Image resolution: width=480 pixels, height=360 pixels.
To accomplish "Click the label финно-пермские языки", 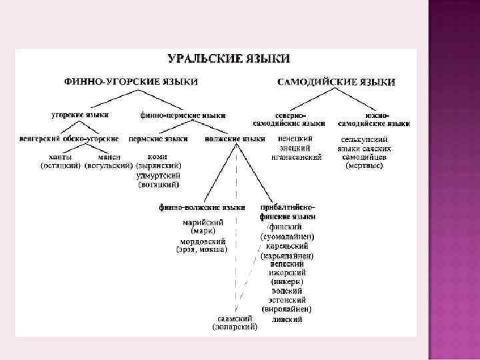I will [x=183, y=115].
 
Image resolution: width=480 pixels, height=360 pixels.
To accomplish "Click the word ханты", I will [x=61, y=157].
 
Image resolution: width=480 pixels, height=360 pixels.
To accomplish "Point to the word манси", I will [x=109, y=157].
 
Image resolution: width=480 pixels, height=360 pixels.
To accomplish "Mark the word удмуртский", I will [x=158, y=175].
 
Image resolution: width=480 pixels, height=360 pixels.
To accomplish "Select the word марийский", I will [x=203, y=222].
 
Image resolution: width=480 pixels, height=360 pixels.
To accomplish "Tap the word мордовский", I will [x=203, y=241].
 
